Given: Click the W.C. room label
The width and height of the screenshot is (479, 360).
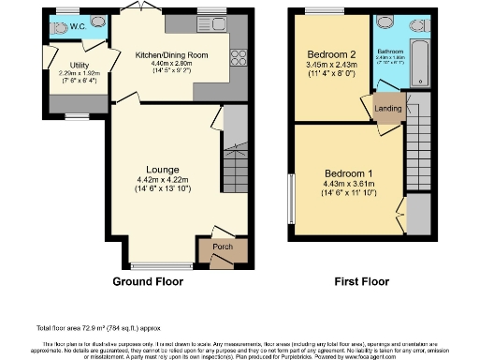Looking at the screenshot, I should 78,27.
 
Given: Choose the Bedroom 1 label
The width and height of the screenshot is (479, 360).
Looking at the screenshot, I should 348,174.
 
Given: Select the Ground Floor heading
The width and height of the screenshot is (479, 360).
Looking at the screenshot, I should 148,281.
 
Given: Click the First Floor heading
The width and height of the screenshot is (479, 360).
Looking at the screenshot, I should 361,281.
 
